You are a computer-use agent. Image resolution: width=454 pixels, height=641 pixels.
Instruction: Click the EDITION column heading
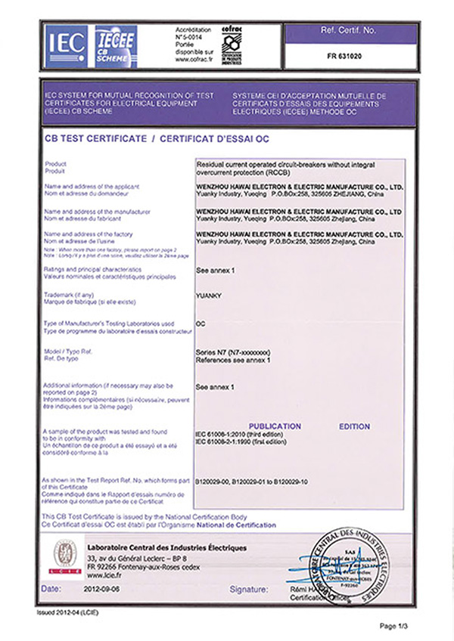pos(354,426)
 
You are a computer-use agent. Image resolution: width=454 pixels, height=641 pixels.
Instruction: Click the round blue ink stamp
pos(349,565)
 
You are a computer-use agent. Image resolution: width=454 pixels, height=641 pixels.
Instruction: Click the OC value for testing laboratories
pos(201,323)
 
